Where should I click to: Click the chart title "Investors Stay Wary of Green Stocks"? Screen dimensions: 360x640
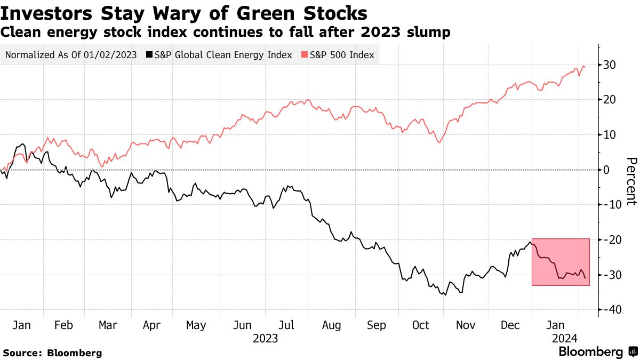click(x=184, y=12)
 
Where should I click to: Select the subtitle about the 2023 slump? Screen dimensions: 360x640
click(x=226, y=32)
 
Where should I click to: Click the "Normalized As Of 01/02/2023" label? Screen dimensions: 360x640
click(x=71, y=54)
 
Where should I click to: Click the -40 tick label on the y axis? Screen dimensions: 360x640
click(x=610, y=310)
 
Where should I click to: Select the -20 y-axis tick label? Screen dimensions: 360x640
click(x=610, y=240)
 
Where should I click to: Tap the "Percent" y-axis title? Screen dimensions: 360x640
click(x=631, y=181)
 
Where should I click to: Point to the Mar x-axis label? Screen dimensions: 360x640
click(x=108, y=325)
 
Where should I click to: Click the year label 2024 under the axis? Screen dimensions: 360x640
click(x=564, y=338)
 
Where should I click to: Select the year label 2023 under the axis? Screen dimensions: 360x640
click(x=265, y=338)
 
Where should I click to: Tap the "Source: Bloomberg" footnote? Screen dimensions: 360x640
click(x=52, y=353)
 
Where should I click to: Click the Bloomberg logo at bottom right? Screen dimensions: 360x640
click(x=596, y=351)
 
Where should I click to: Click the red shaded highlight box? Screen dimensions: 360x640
click(x=561, y=262)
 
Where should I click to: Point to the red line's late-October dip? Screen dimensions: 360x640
click(x=438, y=142)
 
